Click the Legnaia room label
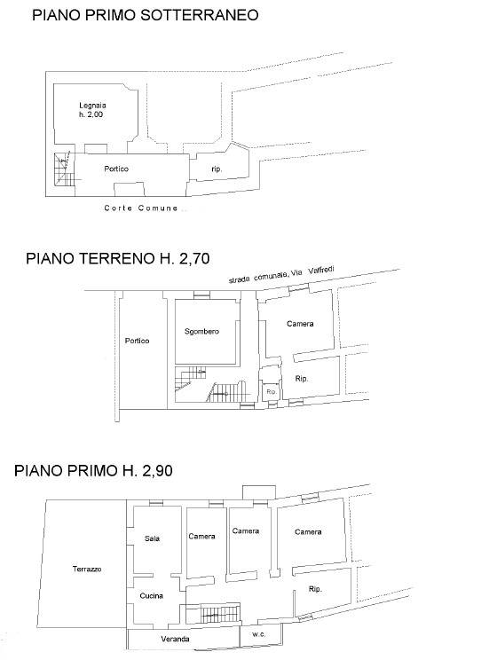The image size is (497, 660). point(92,106)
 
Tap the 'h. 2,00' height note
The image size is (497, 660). point(91,114)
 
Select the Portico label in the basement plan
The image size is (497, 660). point(116,169)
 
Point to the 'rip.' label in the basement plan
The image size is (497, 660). point(217,169)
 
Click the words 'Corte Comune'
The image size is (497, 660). point(141,208)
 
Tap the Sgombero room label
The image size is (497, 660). point(201,332)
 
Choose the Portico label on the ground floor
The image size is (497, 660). point(137,341)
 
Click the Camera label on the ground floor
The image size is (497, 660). point(300,324)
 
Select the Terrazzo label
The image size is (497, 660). point(87,570)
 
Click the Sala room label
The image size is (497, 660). point(152,538)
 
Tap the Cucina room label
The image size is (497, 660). point(151,595)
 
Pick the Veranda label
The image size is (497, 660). point(175,639)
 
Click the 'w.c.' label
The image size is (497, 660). point(258,634)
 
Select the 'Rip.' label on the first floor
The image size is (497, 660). point(315,589)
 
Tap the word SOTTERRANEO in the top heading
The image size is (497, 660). point(199,15)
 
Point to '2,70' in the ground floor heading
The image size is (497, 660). point(194,258)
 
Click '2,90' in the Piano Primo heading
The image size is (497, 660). point(157,470)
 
